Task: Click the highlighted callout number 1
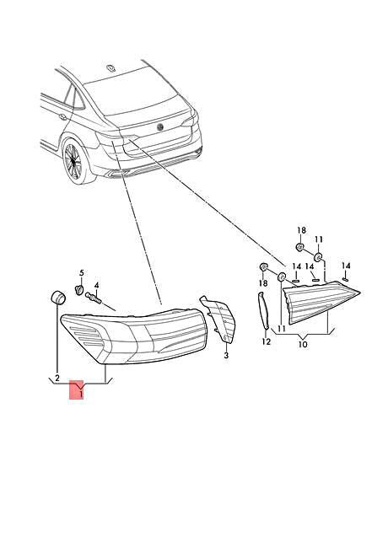coord(81,395)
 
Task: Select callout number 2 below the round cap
coord(57,378)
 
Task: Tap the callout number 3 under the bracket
coord(226,356)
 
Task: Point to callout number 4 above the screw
coord(96,286)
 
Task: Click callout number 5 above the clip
coord(82,272)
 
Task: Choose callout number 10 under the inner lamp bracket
coord(303,344)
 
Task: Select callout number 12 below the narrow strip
coord(267,341)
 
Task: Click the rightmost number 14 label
coord(346,266)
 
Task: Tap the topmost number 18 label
coord(302,230)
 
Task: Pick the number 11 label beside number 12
coord(282,329)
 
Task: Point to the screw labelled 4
coord(93,298)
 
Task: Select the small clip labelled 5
coord(79,289)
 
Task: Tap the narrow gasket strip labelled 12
coord(263,311)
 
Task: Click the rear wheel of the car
coord(74,160)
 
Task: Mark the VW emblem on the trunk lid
coord(160,126)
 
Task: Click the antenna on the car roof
coord(111,68)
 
